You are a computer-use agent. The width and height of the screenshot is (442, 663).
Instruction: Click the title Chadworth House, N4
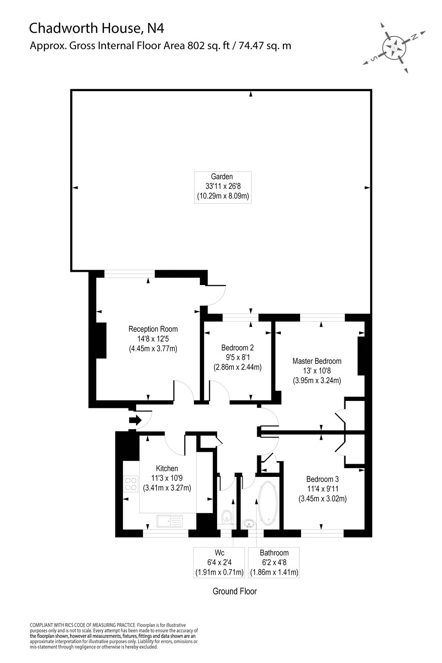pyautogui.click(x=96, y=29)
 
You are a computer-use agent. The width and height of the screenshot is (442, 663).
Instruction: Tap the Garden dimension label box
pyautogui.click(x=223, y=187)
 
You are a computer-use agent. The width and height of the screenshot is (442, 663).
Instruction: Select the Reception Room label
pyautogui.click(x=153, y=339)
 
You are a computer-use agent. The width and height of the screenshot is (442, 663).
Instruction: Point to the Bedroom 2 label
pyautogui.click(x=237, y=357)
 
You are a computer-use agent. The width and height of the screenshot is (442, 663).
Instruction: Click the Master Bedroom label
pyautogui.click(x=317, y=370)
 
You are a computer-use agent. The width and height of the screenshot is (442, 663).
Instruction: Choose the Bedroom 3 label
pyautogui.click(x=323, y=489)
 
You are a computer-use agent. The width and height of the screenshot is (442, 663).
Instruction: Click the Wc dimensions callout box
pyautogui.click(x=219, y=562)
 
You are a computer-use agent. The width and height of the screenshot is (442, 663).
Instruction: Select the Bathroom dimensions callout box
pyautogui.click(x=274, y=562)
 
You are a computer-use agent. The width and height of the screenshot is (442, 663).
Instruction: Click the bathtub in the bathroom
pyautogui.click(x=267, y=503)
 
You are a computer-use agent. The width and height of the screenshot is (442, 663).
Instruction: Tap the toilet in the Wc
pyautogui.click(x=227, y=516)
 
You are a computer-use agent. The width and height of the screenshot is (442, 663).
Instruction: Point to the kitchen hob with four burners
pyautogui.click(x=131, y=483)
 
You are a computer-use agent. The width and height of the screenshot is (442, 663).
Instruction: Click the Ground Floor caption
pyautogui.click(x=235, y=591)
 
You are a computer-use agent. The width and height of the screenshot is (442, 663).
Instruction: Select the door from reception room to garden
pyautogui.click(x=215, y=295)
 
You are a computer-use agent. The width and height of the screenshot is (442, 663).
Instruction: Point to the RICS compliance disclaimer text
pyautogui.click(x=114, y=636)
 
